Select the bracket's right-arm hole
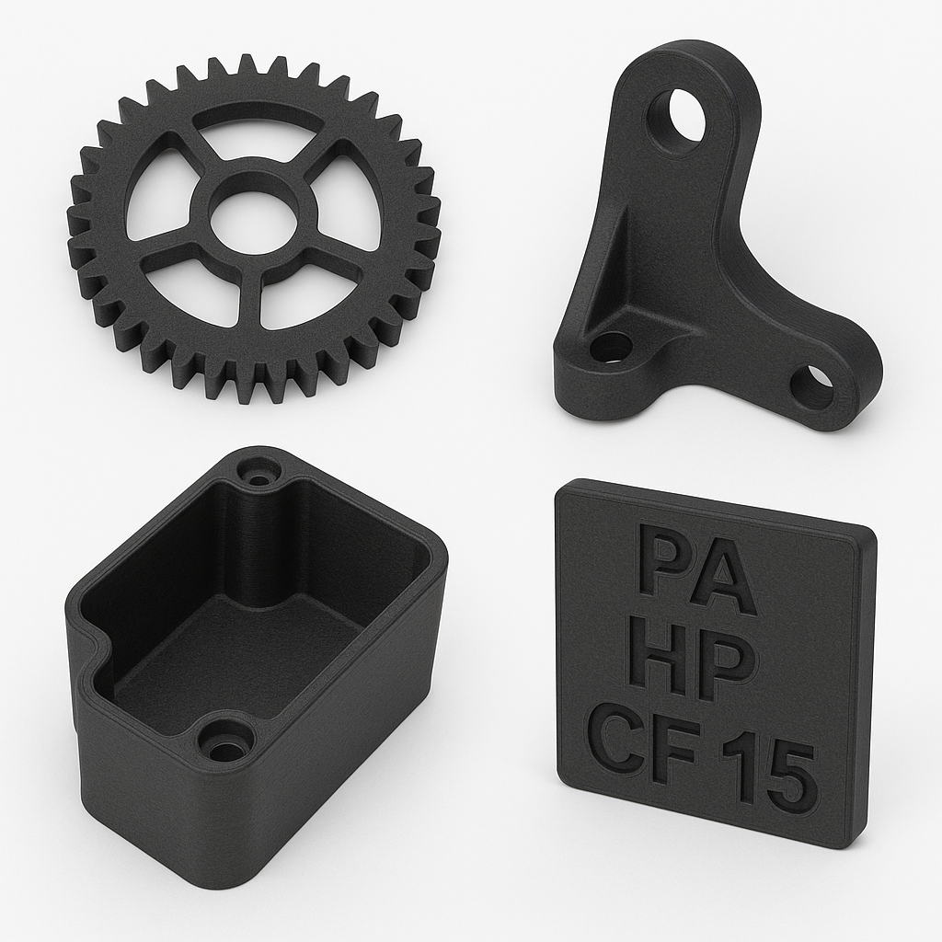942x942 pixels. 811,385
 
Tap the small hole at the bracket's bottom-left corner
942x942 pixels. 610,347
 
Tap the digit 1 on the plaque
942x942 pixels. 736,765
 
